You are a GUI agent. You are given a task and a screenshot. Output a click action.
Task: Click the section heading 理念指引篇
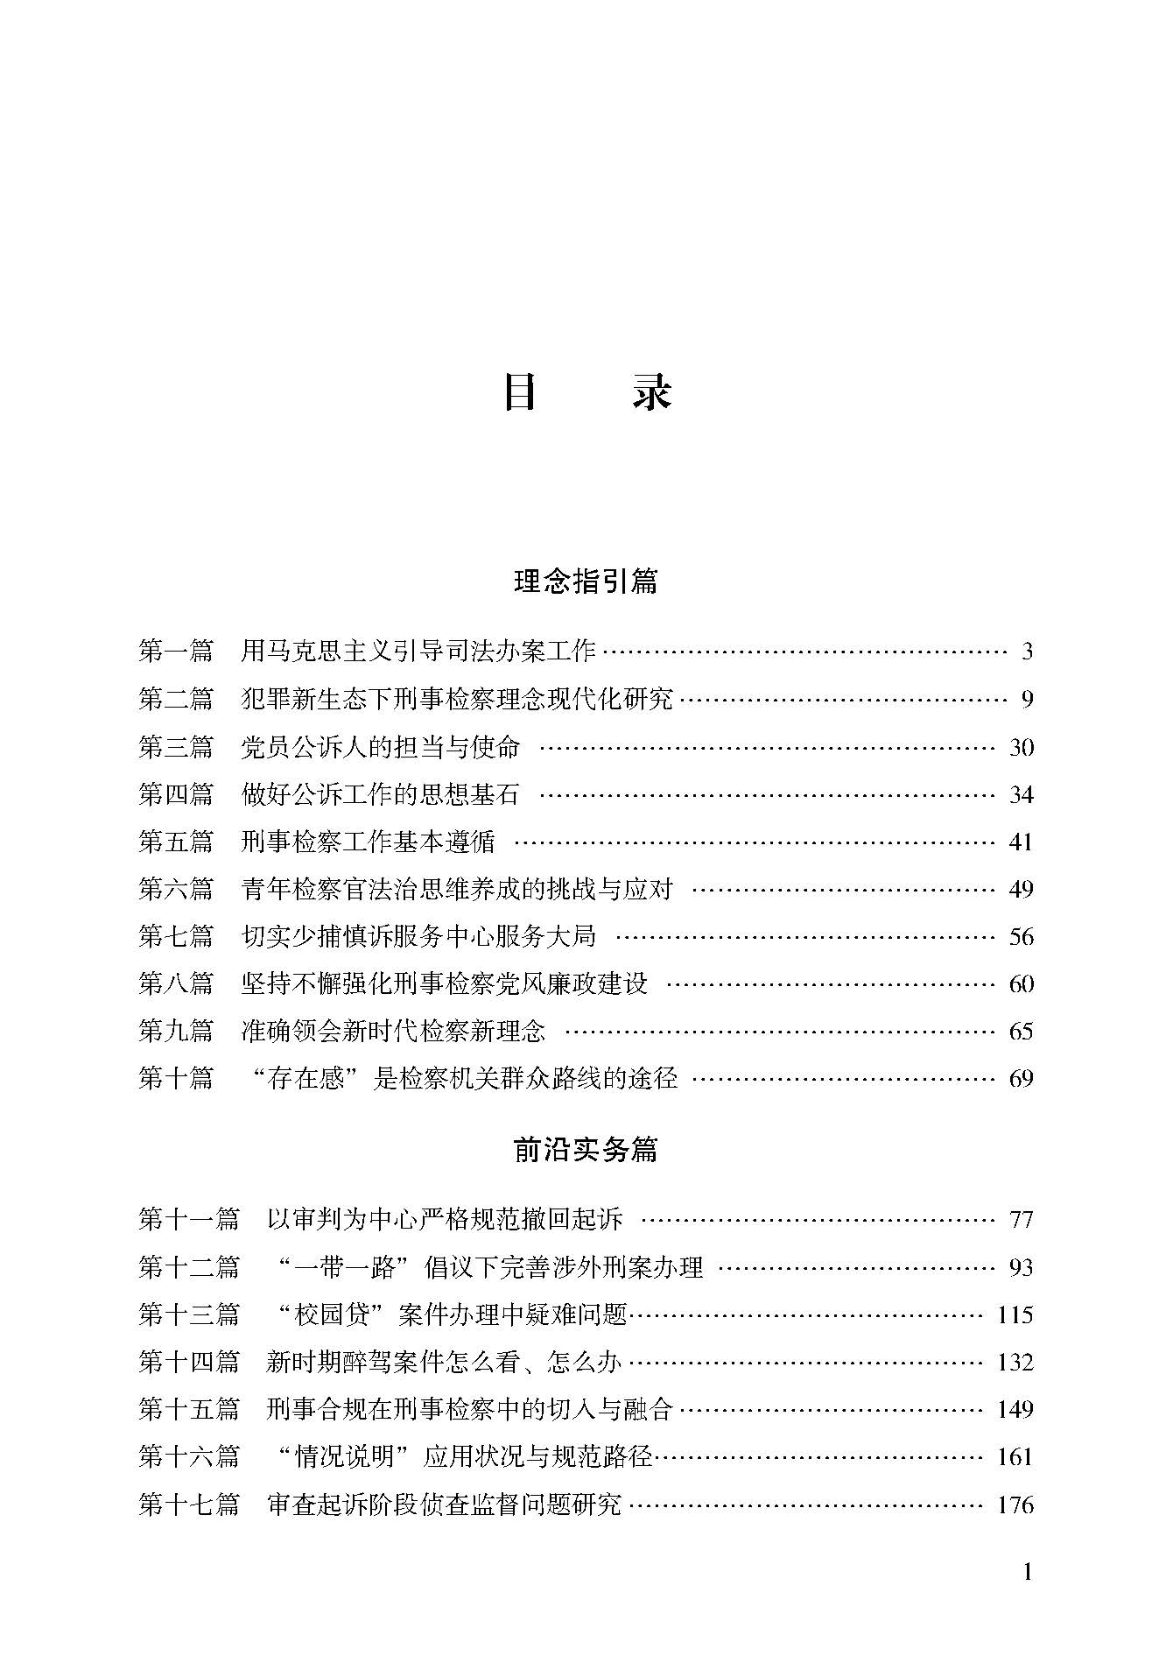(586, 581)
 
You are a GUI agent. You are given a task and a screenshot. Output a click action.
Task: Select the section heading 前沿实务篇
(586, 1150)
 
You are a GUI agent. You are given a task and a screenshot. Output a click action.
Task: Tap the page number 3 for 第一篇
(1027, 652)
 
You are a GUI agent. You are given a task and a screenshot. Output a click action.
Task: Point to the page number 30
(1021, 747)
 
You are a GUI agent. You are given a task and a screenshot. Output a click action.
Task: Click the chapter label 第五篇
(176, 842)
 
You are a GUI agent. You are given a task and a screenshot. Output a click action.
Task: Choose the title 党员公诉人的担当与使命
(380, 747)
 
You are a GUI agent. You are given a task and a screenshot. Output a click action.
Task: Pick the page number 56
(1021, 936)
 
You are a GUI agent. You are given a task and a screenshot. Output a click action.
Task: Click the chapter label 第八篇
(176, 983)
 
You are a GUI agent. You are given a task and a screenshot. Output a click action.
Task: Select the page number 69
(1021, 1078)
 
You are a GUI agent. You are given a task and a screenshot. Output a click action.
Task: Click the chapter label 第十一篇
(189, 1219)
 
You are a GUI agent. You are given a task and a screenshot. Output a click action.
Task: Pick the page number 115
(1015, 1314)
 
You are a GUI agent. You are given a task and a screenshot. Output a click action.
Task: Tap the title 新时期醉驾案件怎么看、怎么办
(444, 1362)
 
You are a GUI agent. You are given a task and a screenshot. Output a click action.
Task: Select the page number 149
(1015, 1409)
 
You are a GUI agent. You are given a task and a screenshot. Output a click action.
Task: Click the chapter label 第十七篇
(189, 1504)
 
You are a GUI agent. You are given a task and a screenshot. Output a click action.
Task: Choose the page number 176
(1015, 1504)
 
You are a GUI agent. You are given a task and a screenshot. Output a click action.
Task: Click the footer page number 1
(1027, 1573)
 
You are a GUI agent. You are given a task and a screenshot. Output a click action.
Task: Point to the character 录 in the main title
(652, 393)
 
